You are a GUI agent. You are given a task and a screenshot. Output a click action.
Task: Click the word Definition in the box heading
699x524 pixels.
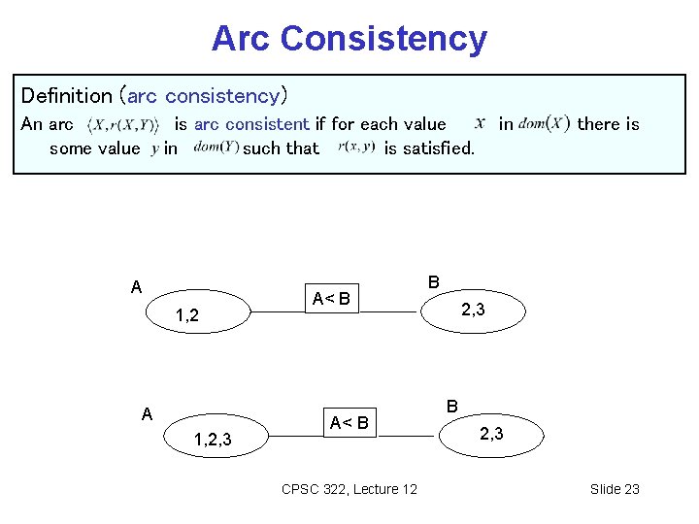pyautogui.click(x=66, y=95)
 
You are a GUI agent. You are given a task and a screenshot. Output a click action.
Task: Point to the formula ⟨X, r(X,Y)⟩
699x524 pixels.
pyautogui.click(x=122, y=125)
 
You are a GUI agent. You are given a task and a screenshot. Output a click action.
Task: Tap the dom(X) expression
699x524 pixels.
pyautogui.click(x=544, y=123)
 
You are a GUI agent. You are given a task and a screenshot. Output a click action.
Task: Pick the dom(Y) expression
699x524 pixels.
pyautogui.click(x=216, y=147)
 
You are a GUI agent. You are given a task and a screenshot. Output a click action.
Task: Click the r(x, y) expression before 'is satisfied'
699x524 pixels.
pyautogui.click(x=356, y=147)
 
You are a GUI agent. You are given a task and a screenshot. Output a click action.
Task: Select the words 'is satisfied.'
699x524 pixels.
pyautogui.click(x=429, y=148)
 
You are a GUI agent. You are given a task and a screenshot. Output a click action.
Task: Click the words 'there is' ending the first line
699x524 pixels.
pyautogui.click(x=608, y=124)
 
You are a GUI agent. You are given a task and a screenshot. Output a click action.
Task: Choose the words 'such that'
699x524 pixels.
pyautogui.click(x=281, y=148)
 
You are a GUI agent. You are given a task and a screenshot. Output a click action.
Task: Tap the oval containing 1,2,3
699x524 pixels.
pyautogui.click(x=212, y=440)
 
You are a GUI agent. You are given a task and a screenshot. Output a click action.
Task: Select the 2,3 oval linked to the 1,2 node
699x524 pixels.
pyautogui.click(x=473, y=311)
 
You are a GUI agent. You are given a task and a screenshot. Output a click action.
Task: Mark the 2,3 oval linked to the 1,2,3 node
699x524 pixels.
pyautogui.click(x=491, y=434)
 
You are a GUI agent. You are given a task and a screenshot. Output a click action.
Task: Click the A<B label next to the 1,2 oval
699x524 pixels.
pyautogui.click(x=330, y=298)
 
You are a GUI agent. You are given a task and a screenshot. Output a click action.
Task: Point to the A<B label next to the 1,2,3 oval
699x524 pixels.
pyautogui.click(x=349, y=422)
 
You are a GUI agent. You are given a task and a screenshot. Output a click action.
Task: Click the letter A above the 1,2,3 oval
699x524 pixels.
pyautogui.click(x=147, y=414)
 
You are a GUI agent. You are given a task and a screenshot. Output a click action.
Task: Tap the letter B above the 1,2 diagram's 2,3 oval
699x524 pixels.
pyautogui.click(x=433, y=281)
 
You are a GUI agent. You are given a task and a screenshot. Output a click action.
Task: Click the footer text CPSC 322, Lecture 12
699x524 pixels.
pyautogui.click(x=349, y=489)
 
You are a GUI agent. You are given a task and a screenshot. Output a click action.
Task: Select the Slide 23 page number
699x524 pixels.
pyautogui.click(x=615, y=489)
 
